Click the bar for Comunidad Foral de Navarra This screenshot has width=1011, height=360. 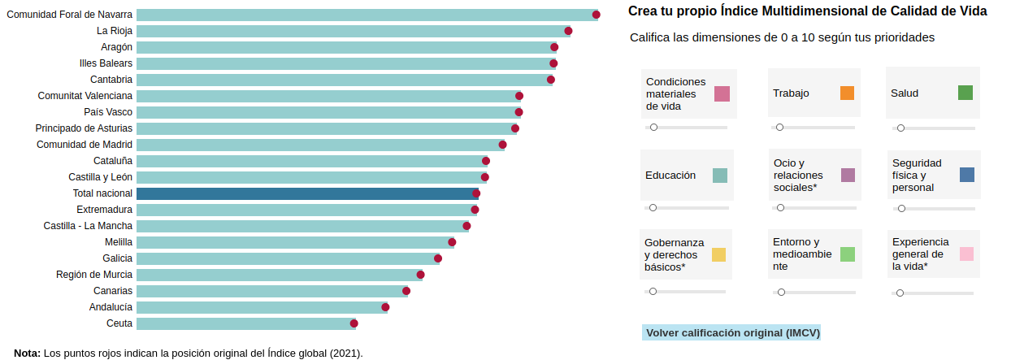(x=366, y=15)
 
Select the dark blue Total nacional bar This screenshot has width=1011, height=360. (x=306, y=193)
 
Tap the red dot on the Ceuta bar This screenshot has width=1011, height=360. (x=354, y=323)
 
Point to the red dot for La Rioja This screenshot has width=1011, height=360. (x=568, y=31)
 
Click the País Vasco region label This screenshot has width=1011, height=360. (x=108, y=112)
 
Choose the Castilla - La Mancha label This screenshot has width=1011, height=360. (x=88, y=226)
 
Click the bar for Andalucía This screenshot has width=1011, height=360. (x=260, y=307)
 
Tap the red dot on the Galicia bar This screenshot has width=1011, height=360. (x=436, y=258)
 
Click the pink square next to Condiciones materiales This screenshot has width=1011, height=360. (x=722, y=93)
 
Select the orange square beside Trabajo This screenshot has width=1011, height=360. (x=847, y=93)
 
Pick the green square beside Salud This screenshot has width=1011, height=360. (x=965, y=93)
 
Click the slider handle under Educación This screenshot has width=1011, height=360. (x=653, y=208)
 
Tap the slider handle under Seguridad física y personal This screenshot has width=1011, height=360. (x=901, y=209)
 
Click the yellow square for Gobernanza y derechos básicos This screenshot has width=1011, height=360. (x=718, y=254)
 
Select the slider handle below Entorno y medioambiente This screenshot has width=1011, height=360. (x=781, y=292)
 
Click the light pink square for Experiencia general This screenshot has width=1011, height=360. (x=966, y=254)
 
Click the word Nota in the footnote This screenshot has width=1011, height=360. (x=27, y=353)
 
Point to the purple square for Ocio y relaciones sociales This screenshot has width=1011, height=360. (x=848, y=175)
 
